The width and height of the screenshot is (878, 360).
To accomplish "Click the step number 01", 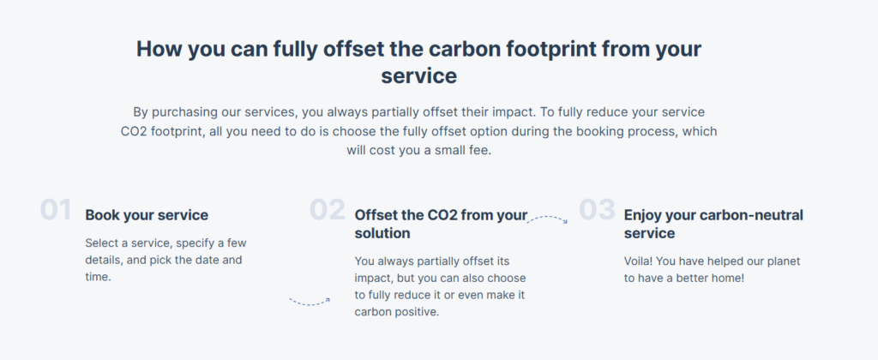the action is (x=56, y=210).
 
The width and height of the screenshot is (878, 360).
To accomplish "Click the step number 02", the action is (x=328, y=210).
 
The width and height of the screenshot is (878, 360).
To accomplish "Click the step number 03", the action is (x=597, y=210).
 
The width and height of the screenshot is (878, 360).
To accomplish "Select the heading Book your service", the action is (x=147, y=215).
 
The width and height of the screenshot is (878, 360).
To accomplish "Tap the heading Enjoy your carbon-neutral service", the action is (x=713, y=224).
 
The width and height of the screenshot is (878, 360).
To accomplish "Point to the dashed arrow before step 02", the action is (x=310, y=303).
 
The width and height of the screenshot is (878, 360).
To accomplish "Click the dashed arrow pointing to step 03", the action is (x=547, y=219).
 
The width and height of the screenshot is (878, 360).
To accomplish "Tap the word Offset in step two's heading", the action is (x=376, y=215).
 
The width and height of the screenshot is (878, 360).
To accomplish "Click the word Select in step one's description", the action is (x=101, y=243).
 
